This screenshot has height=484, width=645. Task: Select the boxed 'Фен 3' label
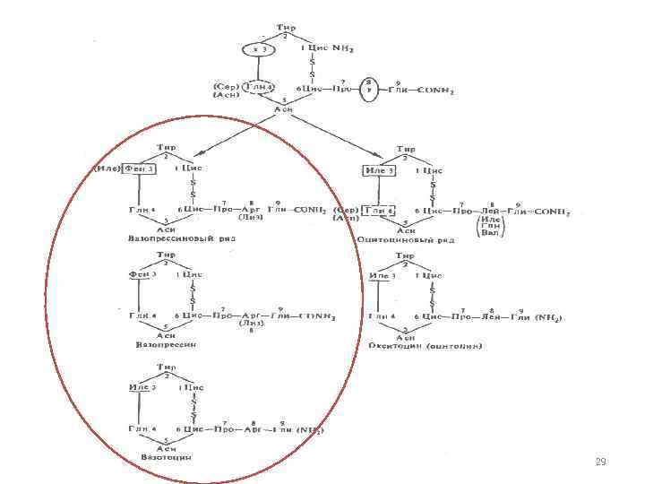(142, 168)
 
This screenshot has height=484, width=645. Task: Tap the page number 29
(600, 462)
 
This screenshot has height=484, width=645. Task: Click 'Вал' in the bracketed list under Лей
(489, 232)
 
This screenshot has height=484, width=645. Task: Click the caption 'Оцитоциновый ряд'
(406, 239)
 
